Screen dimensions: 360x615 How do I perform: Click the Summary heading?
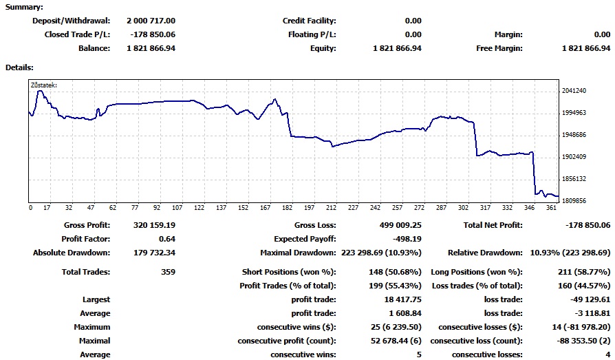[24, 7]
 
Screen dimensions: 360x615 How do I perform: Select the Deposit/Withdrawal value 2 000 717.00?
[151, 21]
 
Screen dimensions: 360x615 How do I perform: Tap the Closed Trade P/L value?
[152, 34]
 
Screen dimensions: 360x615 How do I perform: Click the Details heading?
[19, 67]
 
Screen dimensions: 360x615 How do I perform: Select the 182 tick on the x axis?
[287, 207]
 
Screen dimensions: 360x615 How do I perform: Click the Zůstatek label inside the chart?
[44, 85]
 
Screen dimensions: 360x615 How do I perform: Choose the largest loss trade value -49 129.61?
[588, 299]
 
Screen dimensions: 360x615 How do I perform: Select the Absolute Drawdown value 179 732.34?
[152, 253]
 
